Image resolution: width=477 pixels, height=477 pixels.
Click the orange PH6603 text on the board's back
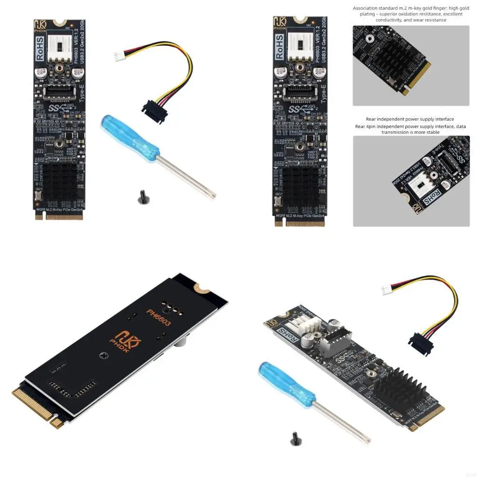tap(158, 317)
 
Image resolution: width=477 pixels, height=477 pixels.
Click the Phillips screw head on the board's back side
tap(103, 355)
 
